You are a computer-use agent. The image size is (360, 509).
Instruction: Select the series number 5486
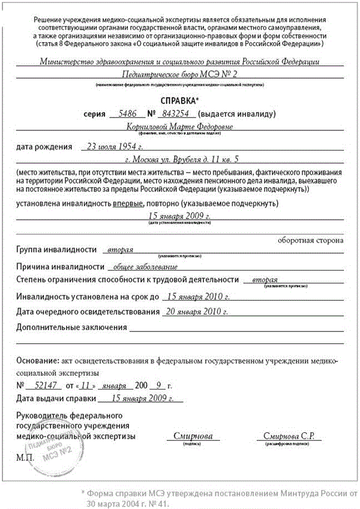pyautogui.click(x=128, y=113)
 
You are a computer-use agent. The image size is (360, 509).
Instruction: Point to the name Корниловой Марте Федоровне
pyautogui.click(x=180, y=127)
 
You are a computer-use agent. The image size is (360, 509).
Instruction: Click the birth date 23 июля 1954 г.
pyautogui.click(x=115, y=146)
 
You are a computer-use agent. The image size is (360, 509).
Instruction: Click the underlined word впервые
pyautogui.click(x=127, y=203)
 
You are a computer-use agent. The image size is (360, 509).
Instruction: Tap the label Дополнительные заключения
pyautogui.click(x=71, y=327)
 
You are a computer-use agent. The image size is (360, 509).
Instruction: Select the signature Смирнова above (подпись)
pyautogui.click(x=192, y=436)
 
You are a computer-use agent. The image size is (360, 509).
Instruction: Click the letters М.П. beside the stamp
pyautogui.click(x=26, y=457)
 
